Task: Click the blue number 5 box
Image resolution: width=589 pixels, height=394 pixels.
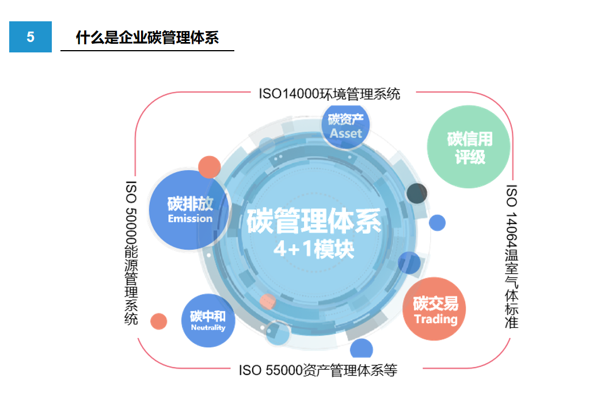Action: point(31,37)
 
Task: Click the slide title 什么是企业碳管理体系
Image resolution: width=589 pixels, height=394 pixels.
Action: point(147,37)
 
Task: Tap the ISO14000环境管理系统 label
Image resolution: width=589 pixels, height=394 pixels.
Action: point(329,94)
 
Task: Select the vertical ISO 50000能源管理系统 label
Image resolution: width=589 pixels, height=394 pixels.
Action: point(131,253)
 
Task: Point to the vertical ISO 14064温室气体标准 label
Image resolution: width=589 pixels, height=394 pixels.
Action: point(511,256)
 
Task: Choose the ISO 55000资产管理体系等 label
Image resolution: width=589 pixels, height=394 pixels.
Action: point(318,370)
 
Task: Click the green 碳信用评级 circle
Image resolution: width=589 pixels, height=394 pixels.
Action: point(469,147)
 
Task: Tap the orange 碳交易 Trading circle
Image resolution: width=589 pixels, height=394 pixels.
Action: point(434,309)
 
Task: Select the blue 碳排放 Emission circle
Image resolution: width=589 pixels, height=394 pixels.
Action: point(189,210)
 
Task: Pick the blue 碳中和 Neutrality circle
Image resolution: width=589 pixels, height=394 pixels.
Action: point(208,320)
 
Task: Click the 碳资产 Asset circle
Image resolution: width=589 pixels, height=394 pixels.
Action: point(345,126)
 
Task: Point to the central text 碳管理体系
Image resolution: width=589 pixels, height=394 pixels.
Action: point(314,221)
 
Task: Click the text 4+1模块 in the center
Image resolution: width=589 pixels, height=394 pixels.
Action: point(314,249)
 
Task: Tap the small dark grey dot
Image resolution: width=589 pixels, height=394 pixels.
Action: point(417,194)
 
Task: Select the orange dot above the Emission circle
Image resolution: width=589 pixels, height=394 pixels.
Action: point(209,167)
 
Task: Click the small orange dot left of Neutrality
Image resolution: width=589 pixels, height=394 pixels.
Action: point(158,321)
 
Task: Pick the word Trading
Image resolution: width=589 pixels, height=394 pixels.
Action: point(436,319)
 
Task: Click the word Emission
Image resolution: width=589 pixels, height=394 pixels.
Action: point(190,218)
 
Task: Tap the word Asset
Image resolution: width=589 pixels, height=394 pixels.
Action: point(346,134)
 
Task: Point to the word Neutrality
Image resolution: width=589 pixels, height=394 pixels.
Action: point(208,327)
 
